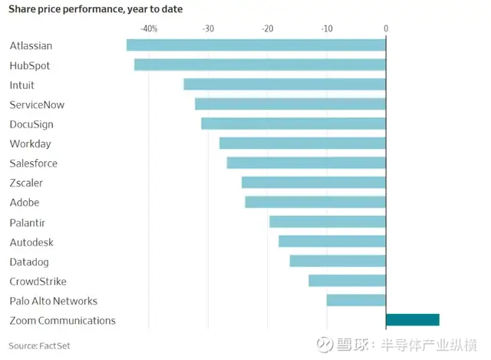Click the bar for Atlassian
256,45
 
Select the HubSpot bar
260,64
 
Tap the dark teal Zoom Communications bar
413,320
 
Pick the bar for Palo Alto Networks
356,300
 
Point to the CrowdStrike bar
347,281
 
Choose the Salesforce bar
306,163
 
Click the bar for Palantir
328,222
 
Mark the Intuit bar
285,84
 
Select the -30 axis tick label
208,28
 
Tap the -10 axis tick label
326,28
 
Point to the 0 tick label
386,28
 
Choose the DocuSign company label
31,124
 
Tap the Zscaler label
26,183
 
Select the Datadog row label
29,262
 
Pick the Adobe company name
24,203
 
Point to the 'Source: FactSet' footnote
40,345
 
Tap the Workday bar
302,144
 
